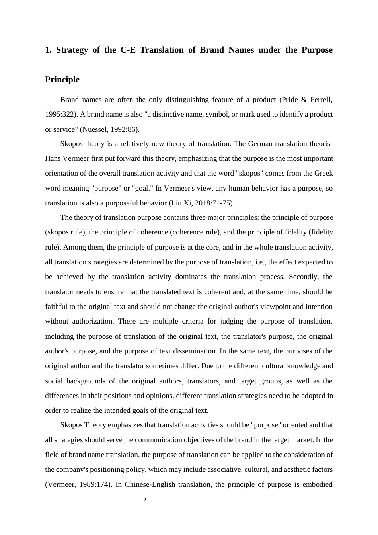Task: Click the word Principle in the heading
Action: (x=62, y=80)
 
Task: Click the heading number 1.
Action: (x=48, y=50)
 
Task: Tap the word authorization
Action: (x=94, y=321)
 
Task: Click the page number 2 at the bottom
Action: (x=145, y=500)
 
